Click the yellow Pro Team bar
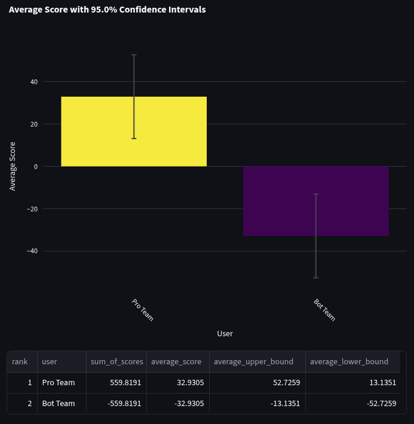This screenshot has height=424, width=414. coord(134,131)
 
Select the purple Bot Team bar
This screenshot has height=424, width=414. coord(315,201)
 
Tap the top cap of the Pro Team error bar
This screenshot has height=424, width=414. coord(134,55)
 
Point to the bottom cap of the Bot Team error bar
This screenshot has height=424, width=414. coord(315,278)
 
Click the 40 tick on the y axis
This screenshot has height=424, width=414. coord(34,82)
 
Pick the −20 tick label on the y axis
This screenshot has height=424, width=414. coord(32,209)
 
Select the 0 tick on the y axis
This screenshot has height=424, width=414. coord(36,167)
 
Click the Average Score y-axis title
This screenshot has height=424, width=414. coord(13,166)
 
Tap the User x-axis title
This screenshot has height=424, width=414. coord(225,333)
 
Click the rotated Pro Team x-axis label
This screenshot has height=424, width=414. coord(142,309)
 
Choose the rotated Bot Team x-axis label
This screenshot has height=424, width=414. coord(324,309)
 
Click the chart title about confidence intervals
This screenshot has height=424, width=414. coord(108,10)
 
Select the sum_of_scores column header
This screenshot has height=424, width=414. coord(116,361)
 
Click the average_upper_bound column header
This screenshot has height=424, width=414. coord(253,361)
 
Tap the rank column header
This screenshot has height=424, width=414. coord(20,361)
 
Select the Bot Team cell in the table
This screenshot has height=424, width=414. coord(59,403)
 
